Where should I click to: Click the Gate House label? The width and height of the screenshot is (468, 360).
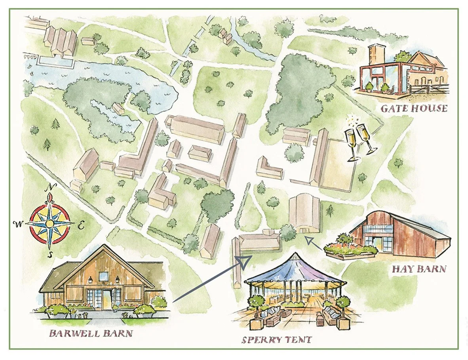pyautogui.click(x=414, y=108)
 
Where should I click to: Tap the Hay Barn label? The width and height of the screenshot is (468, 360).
pyautogui.click(x=419, y=269)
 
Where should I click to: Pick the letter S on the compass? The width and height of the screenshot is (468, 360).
pyautogui.click(x=49, y=254)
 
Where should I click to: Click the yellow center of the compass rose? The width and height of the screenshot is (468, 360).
pyautogui.click(x=49, y=223)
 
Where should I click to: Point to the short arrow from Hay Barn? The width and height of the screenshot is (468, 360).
pyautogui.click(x=314, y=240)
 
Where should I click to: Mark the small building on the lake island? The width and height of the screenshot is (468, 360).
pyautogui.click(x=118, y=108)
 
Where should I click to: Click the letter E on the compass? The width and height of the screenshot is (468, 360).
pyautogui.click(x=80, y=226)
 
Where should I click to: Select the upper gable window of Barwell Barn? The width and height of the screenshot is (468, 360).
pyautogui.click(x=103, y=276)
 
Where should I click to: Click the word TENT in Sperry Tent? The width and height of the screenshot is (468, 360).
pyautogui.click(x=297, y=340)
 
